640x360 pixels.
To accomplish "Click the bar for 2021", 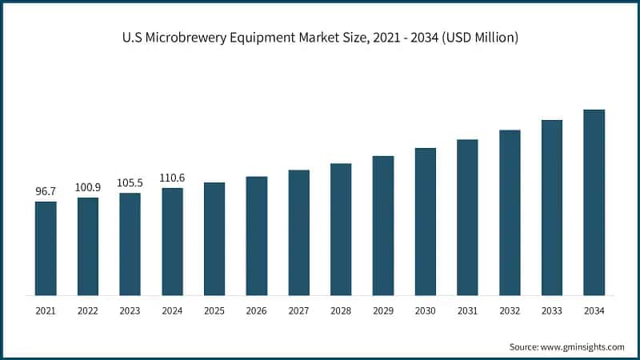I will (46, 248).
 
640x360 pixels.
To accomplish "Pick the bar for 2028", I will (341, 229).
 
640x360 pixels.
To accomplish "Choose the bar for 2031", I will (467, 217).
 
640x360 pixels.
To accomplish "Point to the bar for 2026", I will (256, 235).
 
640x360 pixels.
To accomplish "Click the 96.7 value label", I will (46, 192).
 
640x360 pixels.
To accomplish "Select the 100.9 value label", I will (88, 188).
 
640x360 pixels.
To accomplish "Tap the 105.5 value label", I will (130, 183).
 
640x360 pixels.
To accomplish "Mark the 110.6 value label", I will (172, 178).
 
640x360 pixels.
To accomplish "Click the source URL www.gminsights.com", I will (582, 346).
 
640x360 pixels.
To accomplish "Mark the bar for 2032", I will (510, 212).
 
